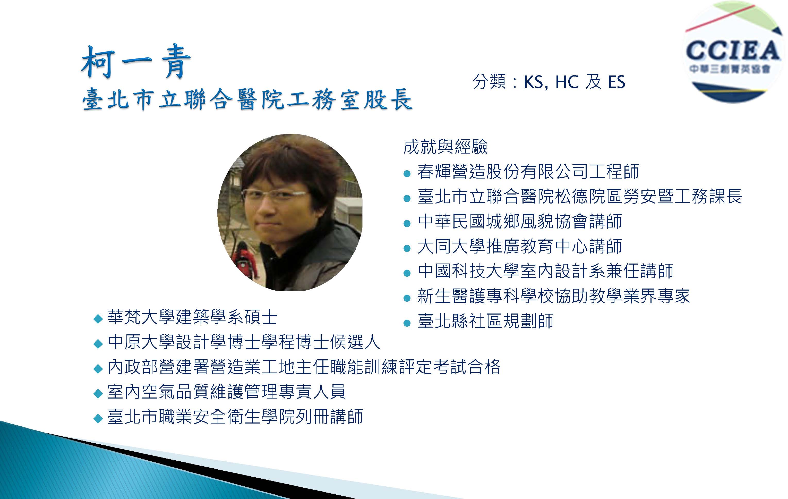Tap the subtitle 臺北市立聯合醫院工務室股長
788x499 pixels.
click(x=247, y=99)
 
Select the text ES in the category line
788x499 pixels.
click(x=616, y=82)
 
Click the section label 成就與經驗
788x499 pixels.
click(x=446, y=147)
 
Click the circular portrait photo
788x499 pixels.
click(x=290, y=212)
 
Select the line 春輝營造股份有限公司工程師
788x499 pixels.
click(x=528, y=172)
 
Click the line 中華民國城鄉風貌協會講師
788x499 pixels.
click(x=520, y=221)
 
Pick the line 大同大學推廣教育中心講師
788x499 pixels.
click(x=520, y=246)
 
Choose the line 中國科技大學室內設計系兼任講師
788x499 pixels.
click(x=545, y=271)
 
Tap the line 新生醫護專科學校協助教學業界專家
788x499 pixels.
click(x=554, y=296)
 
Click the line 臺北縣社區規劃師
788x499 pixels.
click(x=485, y=321)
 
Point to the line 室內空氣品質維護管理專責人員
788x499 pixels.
click(x=226, y=392)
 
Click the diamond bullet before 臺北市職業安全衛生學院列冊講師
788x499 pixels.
click(x=98, y=418)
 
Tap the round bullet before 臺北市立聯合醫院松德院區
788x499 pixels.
click(x=407, y=198)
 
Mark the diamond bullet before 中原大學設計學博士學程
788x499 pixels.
click(x=98, y=344)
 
